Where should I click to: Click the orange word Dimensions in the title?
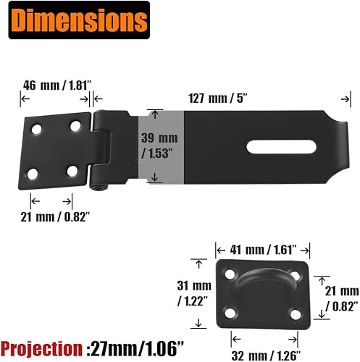(x=75, y=21)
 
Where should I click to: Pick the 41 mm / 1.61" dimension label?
(x=261, y=248)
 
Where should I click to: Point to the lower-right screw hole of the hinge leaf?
(x=72, y=172)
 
